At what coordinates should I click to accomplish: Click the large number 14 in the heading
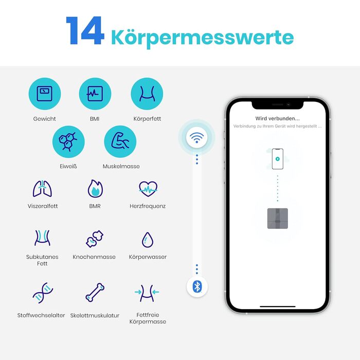pyautogui.click(x=85, y=30)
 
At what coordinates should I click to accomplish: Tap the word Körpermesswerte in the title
pyautogui.click(x=203, y=38)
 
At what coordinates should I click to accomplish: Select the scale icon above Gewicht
pyautogui.click(x=45, y=94)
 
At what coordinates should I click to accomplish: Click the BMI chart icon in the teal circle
pyautogui.click(x=95, y=94)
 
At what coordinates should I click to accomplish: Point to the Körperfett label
pyautogui.click(x=147, y=119)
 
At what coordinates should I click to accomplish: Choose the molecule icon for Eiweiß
pyautogui.click(x=68, y=141)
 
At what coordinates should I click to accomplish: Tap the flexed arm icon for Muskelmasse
pyautogui.click(x=120, y=140)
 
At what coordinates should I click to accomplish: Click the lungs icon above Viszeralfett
pyautogui.click(x=42, y=189)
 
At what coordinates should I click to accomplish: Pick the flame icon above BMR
pyautogui.click(x=95, y=189)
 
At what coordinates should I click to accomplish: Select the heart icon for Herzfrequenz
pyautogui.click(x=148, y=189)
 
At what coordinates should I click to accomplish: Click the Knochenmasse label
pyautogui.click(x=94, y=257)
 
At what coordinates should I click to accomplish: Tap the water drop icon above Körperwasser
pyautogui.click(x=148, y=240)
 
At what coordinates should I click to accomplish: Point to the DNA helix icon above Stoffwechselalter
pyautogui.click(x=43, y=293)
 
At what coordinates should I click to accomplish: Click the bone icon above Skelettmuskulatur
pyautogui.click(x=95, y=292)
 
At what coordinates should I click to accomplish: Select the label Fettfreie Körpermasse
pyautogui.click(x=148, y=318)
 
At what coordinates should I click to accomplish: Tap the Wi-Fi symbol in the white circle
pyautogui.click(x=197, y=138)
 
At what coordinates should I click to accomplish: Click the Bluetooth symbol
pyautogui.click(x=197, y=286)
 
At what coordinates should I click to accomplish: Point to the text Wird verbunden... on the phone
pyautogui.click(x=277, y=118)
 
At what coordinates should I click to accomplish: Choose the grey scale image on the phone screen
pyautogui.click(x=278, y=219)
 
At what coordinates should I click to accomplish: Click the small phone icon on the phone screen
pyautogui.click(x=278, y=159)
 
